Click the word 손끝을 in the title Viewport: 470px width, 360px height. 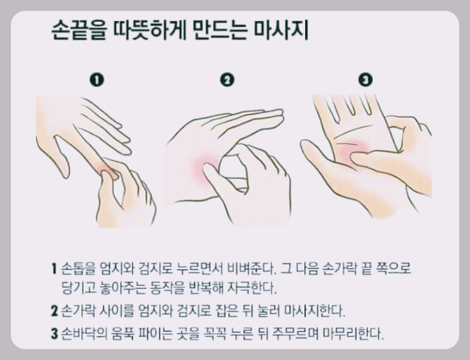pos(79,30)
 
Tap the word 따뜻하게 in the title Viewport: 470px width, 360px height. pos(150,30)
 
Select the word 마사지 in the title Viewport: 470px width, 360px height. pos(281,30)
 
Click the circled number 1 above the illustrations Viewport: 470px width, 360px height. pos(97,80)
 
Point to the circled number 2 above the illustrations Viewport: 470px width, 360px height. pos(227,80)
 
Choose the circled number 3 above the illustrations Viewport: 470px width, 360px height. pos(366,80)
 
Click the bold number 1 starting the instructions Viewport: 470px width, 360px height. pos(54,269)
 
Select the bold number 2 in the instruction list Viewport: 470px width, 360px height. pos(54,311)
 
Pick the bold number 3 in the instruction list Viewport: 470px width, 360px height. pos(54,333)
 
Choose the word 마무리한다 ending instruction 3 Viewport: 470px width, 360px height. pos(353,333)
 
